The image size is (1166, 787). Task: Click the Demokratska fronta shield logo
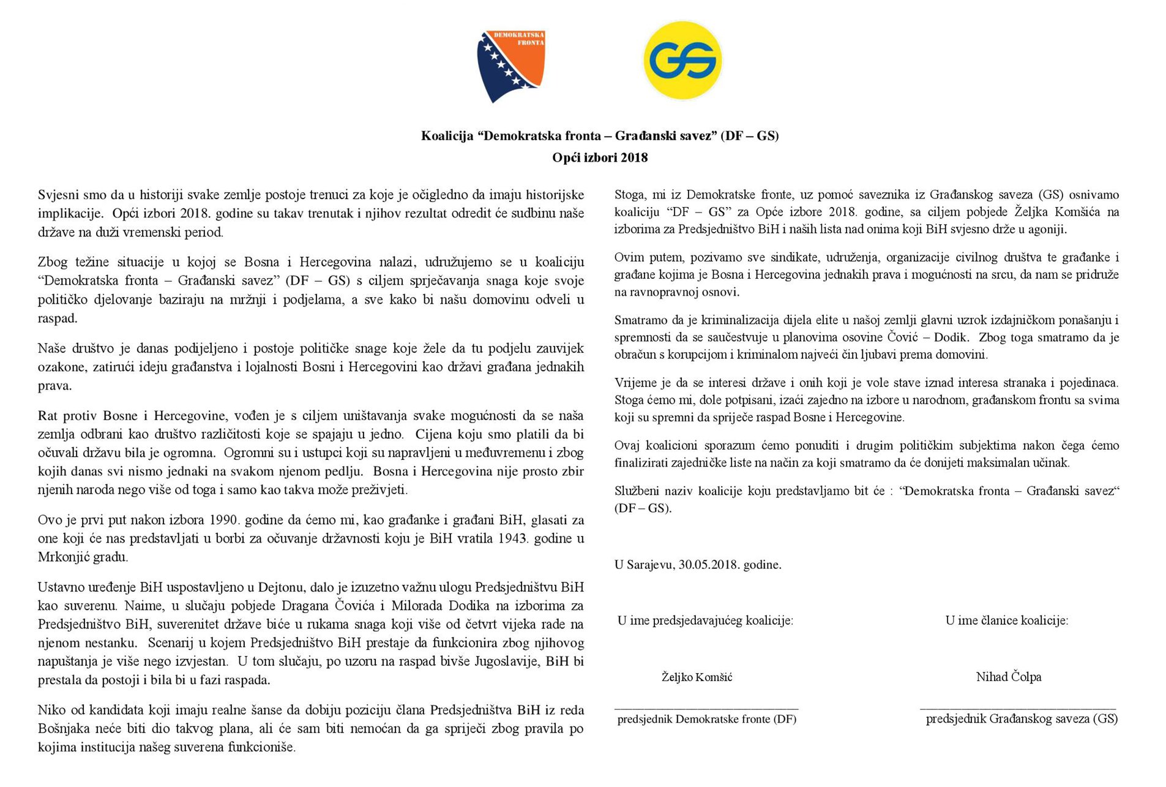click(510, 64)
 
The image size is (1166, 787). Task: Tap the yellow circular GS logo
click(682, 60)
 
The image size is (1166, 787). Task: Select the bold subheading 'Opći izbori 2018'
click(599, 157)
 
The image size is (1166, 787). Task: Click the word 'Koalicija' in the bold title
click(447, 135)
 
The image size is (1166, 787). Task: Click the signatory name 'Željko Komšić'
click(697, 677)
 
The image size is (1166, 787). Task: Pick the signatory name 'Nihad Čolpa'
click(1008, 677)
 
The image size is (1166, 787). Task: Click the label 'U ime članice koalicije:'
click(1006, 620)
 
